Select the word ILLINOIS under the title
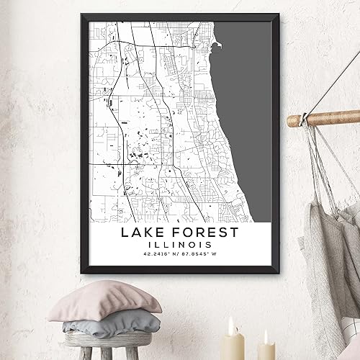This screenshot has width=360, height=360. coord(180,251)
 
